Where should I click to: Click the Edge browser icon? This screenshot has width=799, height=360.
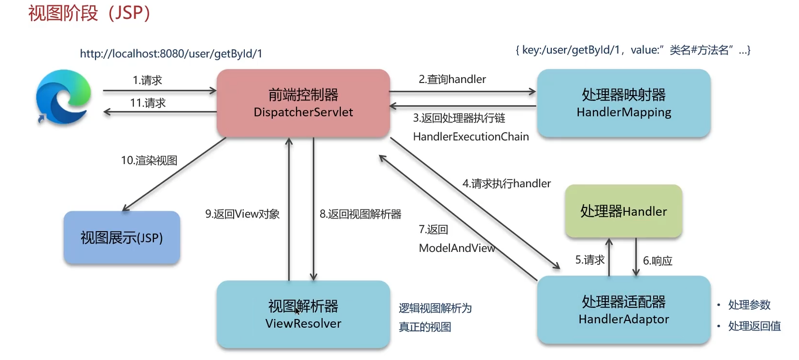click(x=63, y=97)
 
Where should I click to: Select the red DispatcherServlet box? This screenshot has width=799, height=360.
click(x=303, y=103)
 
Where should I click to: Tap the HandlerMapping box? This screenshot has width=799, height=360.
click(x=623, y=103)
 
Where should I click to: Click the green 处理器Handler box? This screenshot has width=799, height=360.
click(x=623, y=211)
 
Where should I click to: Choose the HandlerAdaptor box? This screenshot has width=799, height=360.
click(x=623, y=310)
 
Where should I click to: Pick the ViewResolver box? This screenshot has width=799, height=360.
click(x=303, y=314)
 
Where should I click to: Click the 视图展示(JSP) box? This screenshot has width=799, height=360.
click(x=122, y=237)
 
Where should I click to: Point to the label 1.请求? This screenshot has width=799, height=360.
click(x=147, y=80)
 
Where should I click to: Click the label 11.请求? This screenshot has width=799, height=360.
click(x=148, y=103)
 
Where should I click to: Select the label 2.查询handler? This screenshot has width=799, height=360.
click(x=452, y=79)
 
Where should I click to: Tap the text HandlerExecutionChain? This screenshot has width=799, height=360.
click(x=471, y=137)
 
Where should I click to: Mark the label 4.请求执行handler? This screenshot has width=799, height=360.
click(x=506, y=183)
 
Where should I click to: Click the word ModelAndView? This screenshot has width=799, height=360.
click(x=457, y=248)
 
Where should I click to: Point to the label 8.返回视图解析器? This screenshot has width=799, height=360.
click(x=360, y=214)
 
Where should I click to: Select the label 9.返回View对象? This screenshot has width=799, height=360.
click(x=242, y=214)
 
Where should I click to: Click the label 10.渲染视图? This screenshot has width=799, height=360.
click(x=149, y=160)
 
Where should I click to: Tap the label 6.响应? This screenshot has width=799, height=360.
click(x=658, y=261)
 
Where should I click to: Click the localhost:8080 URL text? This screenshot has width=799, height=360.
click(x=171, y=54)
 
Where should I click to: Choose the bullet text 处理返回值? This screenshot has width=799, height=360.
click(x=754, y=326)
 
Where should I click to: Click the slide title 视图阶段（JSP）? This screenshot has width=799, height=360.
click(x=90, y=13)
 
